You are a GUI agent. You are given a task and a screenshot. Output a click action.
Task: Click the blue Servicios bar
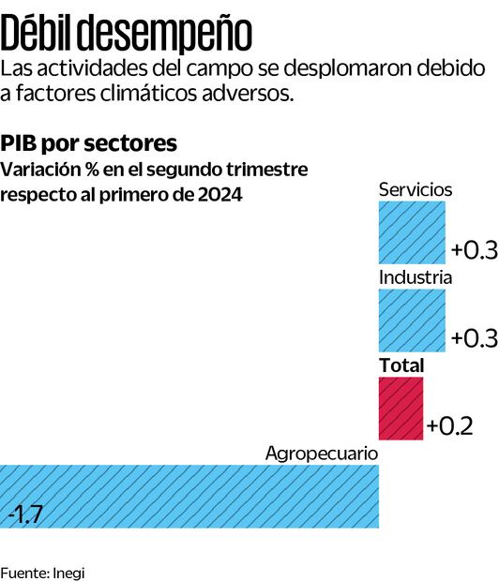click(x=413, y=232)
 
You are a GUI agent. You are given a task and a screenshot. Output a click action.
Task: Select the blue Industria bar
click(x=413, y=320)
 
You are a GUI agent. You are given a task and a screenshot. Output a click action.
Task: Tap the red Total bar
click(x=401, y=409)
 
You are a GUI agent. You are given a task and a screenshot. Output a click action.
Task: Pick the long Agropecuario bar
click(x=189, y=496)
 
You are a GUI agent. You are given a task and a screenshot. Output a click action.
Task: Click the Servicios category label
click(x=416, y=189)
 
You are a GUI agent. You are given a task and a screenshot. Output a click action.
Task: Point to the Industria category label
click(x=416, y=277)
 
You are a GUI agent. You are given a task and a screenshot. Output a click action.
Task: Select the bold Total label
click(x=401, y=365)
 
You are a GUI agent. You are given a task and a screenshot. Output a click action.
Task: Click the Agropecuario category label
click(x=321, y=454)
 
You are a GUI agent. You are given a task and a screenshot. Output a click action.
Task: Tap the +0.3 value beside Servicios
click(x=473, y=250)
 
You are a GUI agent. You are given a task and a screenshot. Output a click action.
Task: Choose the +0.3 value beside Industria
click(x=473, y=338)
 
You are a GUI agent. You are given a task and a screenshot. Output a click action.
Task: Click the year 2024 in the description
click(x=217, y=194)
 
